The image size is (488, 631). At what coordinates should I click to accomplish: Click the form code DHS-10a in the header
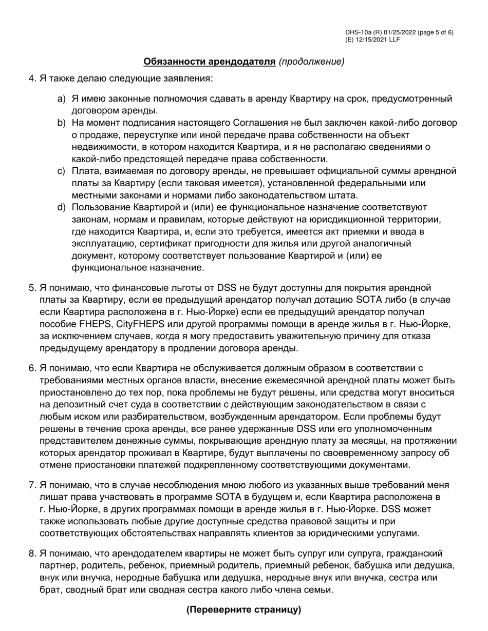pyautogui.click(x=358, y=33)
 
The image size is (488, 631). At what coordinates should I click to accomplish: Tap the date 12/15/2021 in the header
pyautogui.click(x=371, y=40)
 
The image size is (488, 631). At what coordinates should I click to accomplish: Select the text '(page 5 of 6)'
pyautogui.click(x=436, y=33)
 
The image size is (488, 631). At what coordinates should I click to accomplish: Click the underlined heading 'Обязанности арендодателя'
pyautogui.click(x=209, y=62)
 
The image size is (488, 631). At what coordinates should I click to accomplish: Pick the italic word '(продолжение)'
pyautogui.click(x=311, y=62)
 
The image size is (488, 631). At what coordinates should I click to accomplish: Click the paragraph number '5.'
pyautogui.click(x=32, y=288)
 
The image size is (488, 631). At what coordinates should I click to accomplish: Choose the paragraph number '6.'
pyautogui.click(x=32, y=368)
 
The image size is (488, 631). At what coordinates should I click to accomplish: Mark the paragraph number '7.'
pyautogui.click(x=32, y=485)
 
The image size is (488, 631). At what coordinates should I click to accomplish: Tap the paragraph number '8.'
pyautogui.click(x=32, y=554)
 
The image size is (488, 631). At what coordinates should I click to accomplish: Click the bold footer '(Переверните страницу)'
pyautogui.click(x=243, y=609)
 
